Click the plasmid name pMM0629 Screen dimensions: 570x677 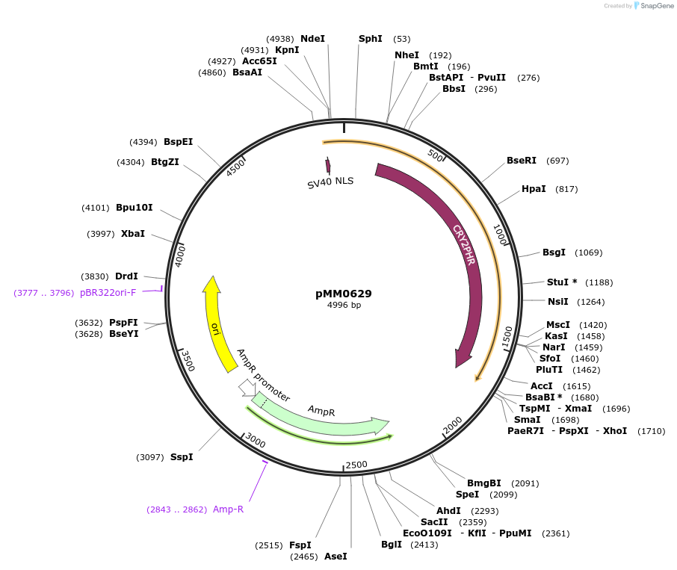(343, 294)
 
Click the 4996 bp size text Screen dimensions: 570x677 (344, 305)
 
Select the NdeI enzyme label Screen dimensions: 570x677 (312, 39)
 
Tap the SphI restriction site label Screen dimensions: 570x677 (370, 39)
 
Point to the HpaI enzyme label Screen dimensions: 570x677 (534, 189)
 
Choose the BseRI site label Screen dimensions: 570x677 (522, 161)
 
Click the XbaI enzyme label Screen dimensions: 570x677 (133, 234)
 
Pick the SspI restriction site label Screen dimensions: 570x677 (182, 456)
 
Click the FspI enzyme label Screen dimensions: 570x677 (300, 545)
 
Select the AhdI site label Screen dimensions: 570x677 (448, 511)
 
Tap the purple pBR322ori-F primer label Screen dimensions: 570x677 (108, 293)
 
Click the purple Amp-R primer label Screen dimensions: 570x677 (228, 509)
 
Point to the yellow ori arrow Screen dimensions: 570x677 (216, 325)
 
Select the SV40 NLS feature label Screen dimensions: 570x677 (330, 182)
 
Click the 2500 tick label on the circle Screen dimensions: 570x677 (356, 465)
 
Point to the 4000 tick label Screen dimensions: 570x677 (180, 255)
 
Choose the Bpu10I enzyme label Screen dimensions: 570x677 (135, 208)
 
